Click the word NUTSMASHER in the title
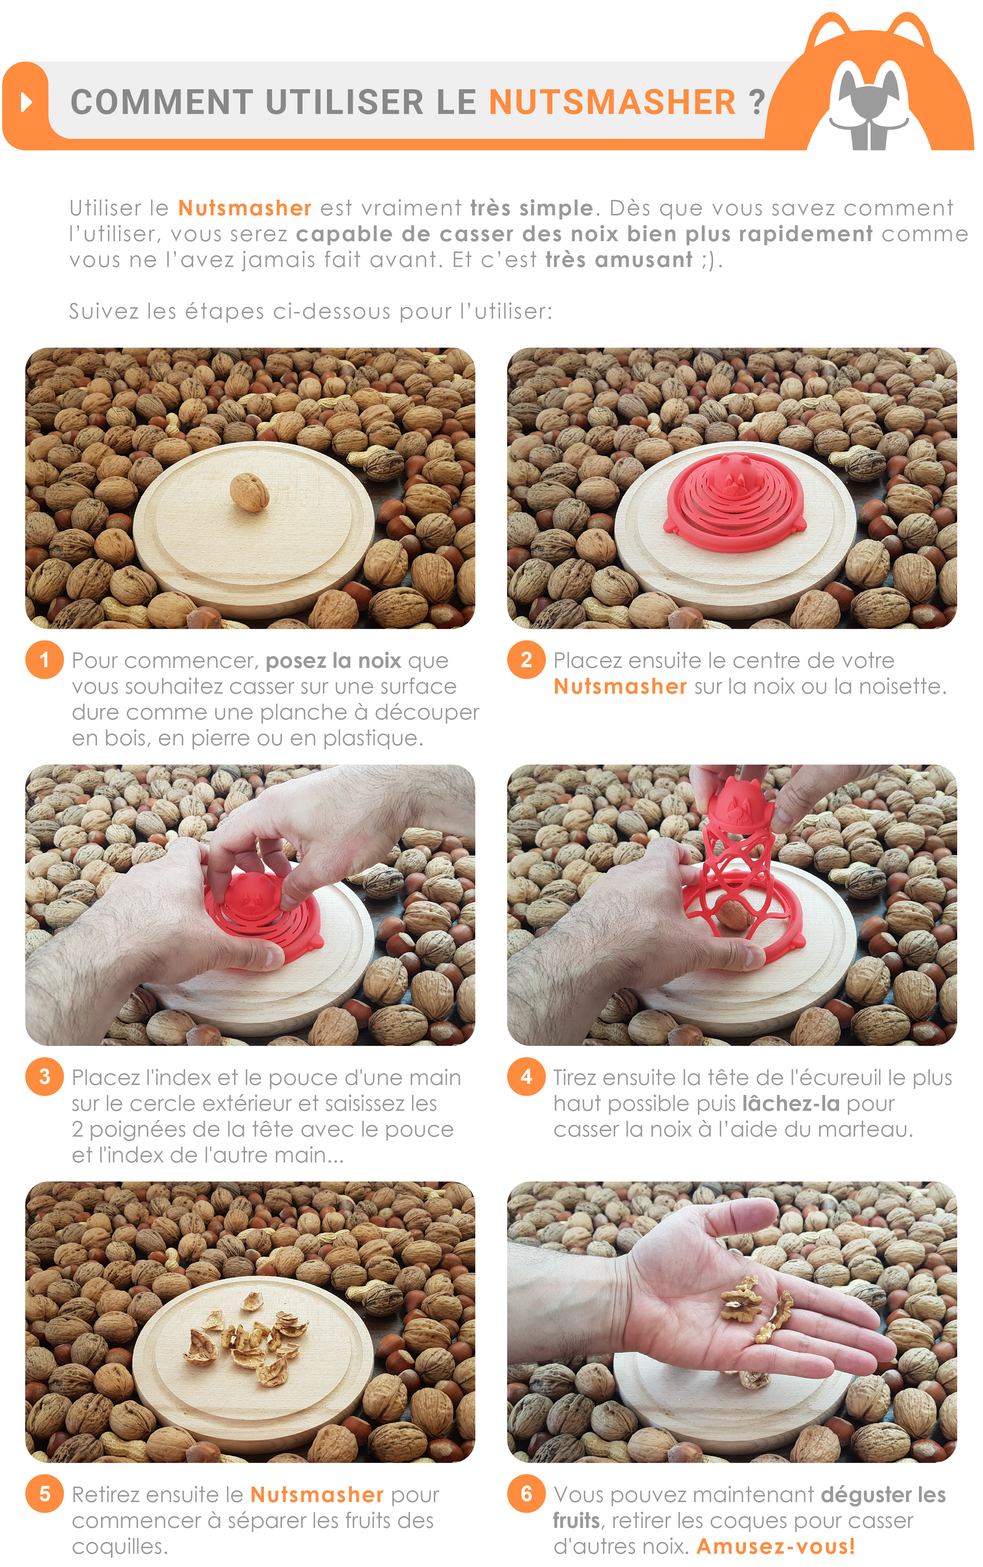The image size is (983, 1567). click(612, 102)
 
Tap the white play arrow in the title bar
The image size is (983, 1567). click(26, 102)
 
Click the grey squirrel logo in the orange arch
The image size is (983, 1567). click(869, 107)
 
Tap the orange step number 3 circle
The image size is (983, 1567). click(44, 1077)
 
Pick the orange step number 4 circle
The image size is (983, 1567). click(526, 1077)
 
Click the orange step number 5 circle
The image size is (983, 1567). click(44, 1494)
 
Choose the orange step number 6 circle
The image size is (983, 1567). click(526, 1494)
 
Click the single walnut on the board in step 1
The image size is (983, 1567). click(249, 492)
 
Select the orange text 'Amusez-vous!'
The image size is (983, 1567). click(775, 1546)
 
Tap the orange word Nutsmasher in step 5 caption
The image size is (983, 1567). click(317, 1495)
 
